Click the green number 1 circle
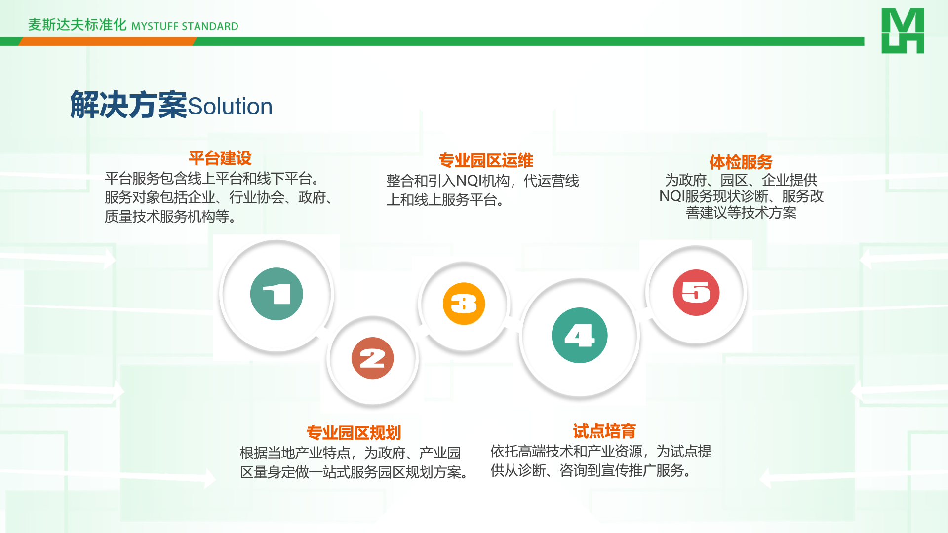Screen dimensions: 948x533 pos(276,294)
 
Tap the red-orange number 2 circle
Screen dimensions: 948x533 pos(373,358)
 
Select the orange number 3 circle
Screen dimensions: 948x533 pos(464,304)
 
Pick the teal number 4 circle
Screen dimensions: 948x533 pos(580,336)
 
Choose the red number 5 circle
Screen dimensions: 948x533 pos(696,293)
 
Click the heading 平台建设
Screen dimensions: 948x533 pos(220,158)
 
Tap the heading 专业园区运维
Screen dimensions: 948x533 pos(486,160)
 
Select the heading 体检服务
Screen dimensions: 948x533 pos(741,162)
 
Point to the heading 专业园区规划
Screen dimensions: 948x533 pos(354,433)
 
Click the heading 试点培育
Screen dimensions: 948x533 pos(604,431)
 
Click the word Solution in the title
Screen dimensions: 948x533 pos(230,107)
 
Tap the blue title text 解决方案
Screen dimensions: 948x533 pos(129,105)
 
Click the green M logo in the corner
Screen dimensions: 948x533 pos(903,31)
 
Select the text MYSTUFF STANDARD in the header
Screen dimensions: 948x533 pos(185,26)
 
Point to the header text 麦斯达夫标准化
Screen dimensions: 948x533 pos(78,25)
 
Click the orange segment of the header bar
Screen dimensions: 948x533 pos(108,41)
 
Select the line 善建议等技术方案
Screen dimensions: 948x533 pos(741,213)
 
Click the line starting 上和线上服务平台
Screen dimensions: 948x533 pos(446,200)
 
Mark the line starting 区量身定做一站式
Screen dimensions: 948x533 pos(355,472)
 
